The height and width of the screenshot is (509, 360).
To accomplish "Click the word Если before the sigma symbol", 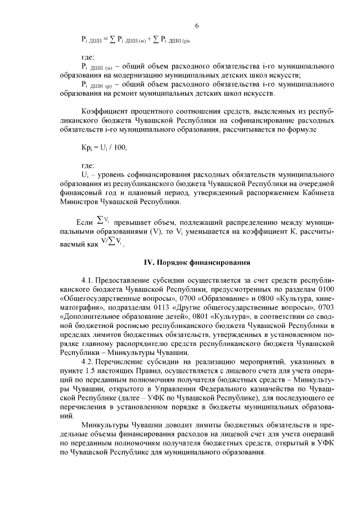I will click(x=83, y=222).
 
